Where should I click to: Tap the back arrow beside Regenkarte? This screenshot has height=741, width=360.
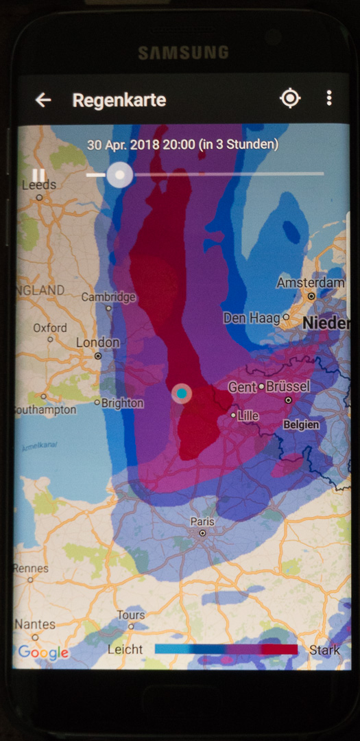[x=43, y=100]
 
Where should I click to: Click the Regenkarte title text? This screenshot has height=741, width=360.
[x=119, y=100]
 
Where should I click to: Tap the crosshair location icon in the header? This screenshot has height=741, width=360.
[x=290, y=99]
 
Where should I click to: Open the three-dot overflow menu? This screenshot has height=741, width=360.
[x=329, y=98]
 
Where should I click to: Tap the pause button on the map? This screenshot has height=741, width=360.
[x=38, y=175]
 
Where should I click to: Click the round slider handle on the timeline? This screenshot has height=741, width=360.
[x=120, y=175]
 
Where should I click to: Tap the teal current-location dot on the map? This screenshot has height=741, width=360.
[x=182, y=393]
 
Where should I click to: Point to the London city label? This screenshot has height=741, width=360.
[x=97, y=342]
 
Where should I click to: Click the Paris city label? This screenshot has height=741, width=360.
[x=202, y=522]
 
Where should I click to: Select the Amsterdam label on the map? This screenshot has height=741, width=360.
[x=311, y=283]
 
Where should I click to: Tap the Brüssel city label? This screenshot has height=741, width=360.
[x=287, y=386]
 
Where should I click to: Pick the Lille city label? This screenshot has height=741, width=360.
[x=248, y=415]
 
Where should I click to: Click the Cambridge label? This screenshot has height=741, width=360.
[x=108, y=297]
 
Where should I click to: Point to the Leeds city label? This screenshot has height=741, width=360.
[x=39, y=185]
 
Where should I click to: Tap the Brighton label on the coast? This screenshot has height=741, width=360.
[x=122, y=403]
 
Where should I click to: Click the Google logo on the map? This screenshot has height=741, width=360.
[x=43, y=652]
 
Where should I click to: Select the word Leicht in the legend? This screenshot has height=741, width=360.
[x=125, y=649]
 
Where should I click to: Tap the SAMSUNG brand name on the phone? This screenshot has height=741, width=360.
[x=183, y=52]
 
